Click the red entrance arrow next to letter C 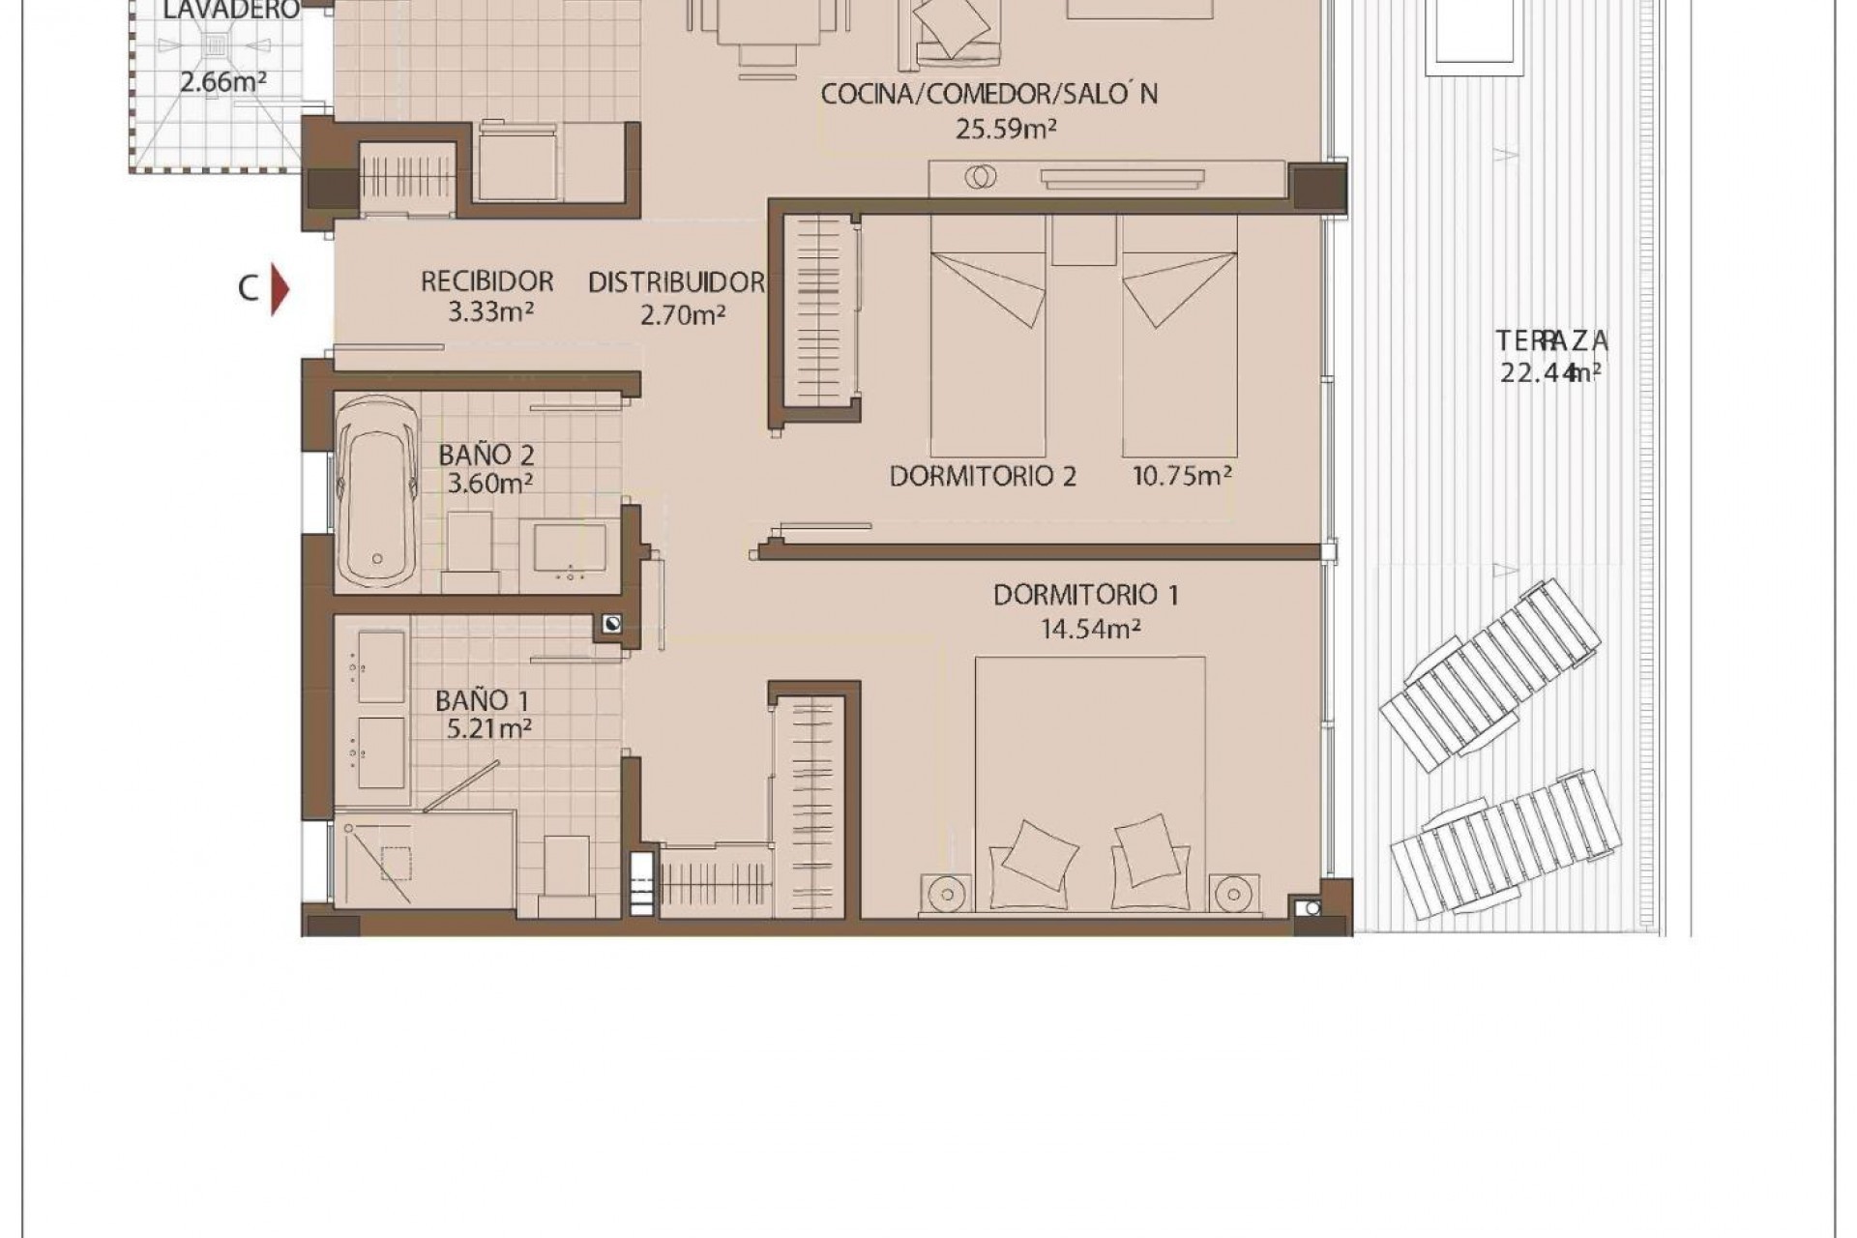pos(280,289)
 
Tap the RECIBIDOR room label pos(486,281)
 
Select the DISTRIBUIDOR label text pos(676,282)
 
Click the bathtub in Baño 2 pos(378,493)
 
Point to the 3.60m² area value pos(489,483)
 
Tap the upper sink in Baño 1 pos(380,666)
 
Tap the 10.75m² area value pos(1181,476)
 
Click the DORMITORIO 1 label pos(1085,595)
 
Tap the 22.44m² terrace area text pos(1550,372)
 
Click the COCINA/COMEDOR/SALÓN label pos(988,94)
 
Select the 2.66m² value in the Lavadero pos(222,82)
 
